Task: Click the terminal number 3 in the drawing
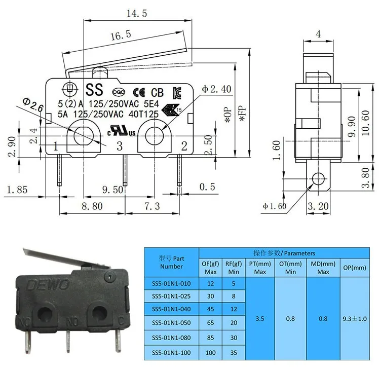[x=120, y=147]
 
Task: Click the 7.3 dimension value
[x=150, y=206]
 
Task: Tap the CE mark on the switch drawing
[x=139, y=92]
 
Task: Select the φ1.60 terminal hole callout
[x=275, y=206]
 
